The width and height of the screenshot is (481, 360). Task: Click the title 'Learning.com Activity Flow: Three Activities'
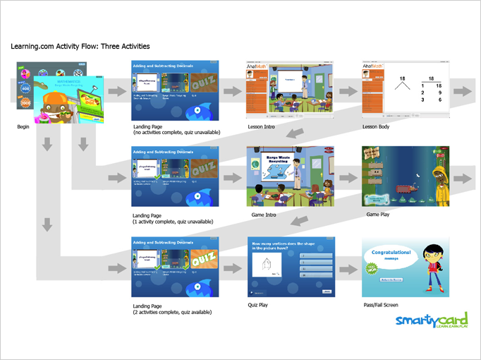pos(80,47)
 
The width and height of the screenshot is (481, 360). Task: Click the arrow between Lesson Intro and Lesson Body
pos(346,92)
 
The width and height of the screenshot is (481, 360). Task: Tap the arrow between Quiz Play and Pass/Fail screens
pos(346,268)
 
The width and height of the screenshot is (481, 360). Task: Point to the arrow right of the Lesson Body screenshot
pos(463,92)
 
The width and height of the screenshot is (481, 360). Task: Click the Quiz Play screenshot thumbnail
pos(291,267)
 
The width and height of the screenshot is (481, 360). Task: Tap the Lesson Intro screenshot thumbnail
pos(290,90)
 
